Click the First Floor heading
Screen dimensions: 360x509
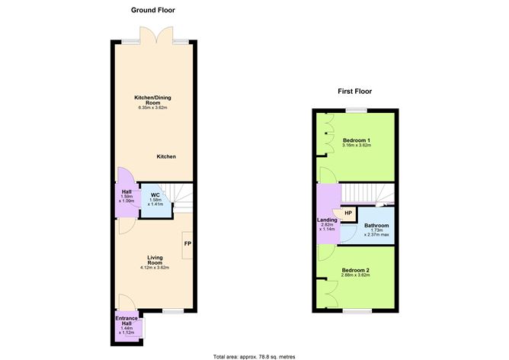pyautogui.click(x=354, y=91)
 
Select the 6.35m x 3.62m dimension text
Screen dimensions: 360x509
pyautogui.click(x=153, y=108)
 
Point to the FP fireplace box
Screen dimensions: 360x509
pyautogui.click(x=187, y=244)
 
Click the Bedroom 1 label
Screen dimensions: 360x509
pyautogui.click(x=357, y=140)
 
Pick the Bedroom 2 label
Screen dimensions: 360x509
pyautogui.click(x=356, y=271)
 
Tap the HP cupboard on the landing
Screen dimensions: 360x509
pyautogui.click(x=347, y=213)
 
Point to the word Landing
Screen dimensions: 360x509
pyautogui.click(x=328, y=220)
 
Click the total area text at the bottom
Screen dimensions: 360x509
pyautogui.click(x=254, y=355)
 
